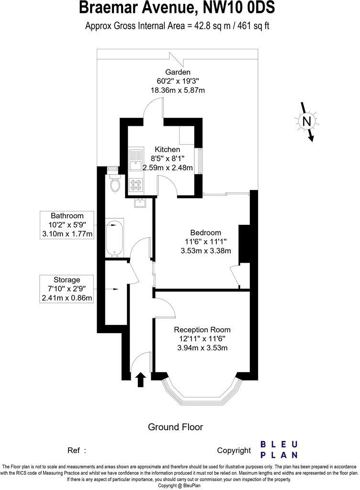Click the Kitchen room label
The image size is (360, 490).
167,150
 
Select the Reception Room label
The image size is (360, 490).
202,330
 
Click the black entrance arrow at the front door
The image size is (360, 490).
141,379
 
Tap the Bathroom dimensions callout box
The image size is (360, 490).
67,224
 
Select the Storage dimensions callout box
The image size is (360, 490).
67,289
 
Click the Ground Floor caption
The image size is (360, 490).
175,427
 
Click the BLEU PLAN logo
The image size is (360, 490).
279,449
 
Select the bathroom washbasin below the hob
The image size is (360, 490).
139,203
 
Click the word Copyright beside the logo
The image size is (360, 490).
234,450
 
